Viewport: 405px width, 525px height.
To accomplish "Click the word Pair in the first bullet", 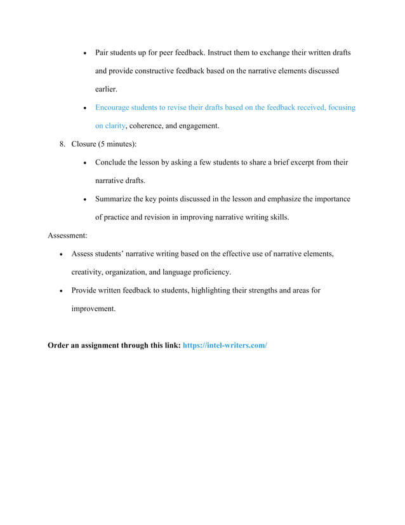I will [x=102, y=52].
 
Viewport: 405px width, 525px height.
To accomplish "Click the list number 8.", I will [x=62, y=144].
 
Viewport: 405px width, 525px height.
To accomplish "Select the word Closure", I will [x=83, y=144].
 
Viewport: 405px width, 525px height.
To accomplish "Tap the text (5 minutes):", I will [x=117, y=144].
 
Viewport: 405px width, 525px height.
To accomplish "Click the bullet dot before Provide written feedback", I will [x=60, y=291].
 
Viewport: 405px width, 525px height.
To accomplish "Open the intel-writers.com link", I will [x=225, y=346].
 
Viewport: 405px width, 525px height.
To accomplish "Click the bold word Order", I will [x=60, y=346].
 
